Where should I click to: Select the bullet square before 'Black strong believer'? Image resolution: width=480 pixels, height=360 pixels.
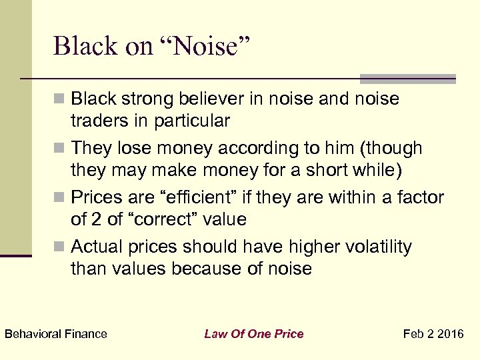click(x=61, y=100)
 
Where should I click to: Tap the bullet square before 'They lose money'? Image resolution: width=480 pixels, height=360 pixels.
click(x=61, y=148)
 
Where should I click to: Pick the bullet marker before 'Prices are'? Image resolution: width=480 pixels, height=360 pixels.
click(x=61, y=198)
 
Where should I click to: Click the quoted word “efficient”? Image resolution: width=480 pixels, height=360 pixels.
click(x=208, y=198)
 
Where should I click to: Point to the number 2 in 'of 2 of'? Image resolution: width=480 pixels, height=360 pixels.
click(x=97, y=219)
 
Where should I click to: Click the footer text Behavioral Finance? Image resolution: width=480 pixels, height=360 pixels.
click(x=55, y=334)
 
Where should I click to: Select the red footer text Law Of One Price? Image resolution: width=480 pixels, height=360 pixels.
click(x=253, y=334)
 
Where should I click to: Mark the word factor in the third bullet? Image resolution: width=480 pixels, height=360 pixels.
click(x=420, y=198)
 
